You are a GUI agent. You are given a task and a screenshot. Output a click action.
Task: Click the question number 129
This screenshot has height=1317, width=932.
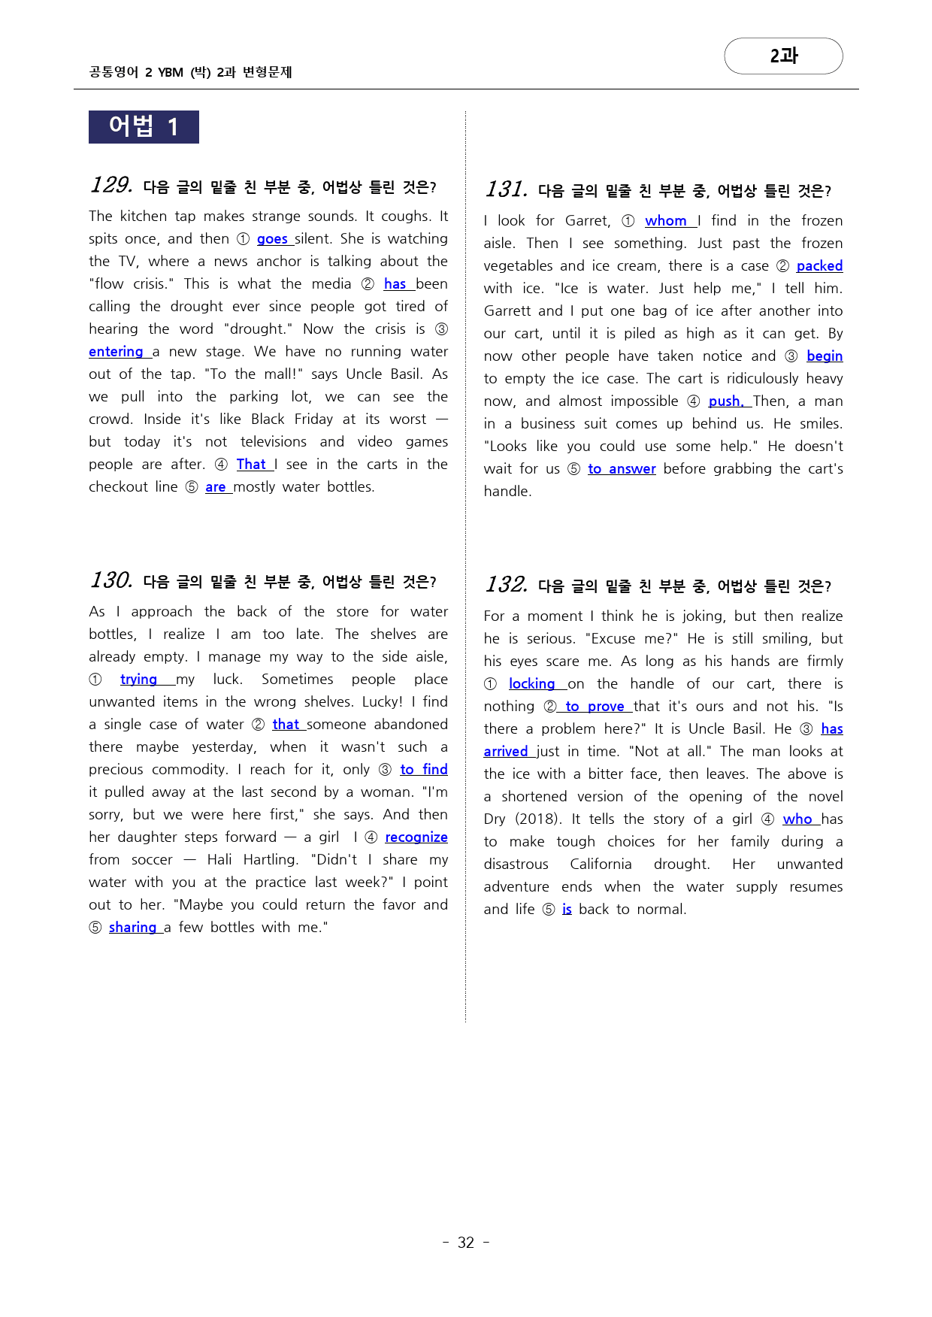(x=111, y=185)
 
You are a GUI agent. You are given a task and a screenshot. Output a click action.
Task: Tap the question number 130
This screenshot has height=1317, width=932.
(x=111, y=580)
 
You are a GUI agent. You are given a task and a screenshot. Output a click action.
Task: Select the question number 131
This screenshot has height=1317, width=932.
(x=506, y=189)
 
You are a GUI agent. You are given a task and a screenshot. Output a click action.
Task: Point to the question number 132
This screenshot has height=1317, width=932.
(x=506, y=585)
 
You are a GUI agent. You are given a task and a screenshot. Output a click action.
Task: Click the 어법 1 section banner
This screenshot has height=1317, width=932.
(x=144, y=127)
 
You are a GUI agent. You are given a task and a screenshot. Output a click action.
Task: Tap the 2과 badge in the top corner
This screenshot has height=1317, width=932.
(x=783, y=56)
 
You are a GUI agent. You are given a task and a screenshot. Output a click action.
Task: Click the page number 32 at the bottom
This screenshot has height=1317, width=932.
(x=466, y=1243)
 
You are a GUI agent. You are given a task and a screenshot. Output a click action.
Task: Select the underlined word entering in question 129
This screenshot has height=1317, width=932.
(x=116, y=352)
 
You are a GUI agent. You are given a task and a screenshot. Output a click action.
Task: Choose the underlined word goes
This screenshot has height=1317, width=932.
(x=272, y=239)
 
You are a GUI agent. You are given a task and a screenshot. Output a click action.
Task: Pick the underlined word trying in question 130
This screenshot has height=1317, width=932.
(x=138, y=680)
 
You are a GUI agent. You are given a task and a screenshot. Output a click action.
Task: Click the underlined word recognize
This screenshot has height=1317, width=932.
(x=416, y=837)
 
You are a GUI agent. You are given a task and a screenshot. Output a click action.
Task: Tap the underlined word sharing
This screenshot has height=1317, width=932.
(x=132, y=928)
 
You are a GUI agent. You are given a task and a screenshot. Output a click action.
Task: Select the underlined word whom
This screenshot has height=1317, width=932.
(x=666, y=221)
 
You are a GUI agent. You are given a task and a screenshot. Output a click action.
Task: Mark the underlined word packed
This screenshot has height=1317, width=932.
(x=819, y=266)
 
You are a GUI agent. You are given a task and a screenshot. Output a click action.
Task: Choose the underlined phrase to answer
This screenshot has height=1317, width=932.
(x=622, y=469)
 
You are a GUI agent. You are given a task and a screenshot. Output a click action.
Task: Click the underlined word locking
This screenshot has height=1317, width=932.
(x=531, y=684)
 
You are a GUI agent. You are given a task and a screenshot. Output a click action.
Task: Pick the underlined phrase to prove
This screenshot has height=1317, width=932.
(x=595, y=707)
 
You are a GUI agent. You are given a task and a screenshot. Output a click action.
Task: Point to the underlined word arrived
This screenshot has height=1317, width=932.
(x=506, y=752)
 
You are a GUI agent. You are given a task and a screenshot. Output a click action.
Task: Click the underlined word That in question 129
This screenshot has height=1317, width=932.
(x=251, y=465)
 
